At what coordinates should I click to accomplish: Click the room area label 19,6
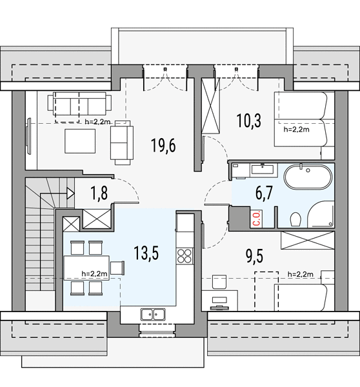(163, 145)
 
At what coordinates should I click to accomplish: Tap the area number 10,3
(248, 121)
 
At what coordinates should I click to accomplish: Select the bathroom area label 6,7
(264, 193)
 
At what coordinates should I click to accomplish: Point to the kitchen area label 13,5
(146, 253)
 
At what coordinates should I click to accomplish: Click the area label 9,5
(255, 256)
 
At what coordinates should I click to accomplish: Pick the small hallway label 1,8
(99, 193)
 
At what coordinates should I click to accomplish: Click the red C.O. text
(257, 218)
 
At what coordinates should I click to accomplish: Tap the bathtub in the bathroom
(308, 177)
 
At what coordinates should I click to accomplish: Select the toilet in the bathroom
(295, 219)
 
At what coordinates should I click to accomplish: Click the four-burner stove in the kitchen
(185, 256)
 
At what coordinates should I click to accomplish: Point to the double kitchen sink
(153, 315)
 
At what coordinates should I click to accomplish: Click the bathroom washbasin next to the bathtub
(262, 170)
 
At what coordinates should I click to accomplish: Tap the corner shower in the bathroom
(321, 214)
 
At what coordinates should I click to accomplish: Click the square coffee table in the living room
(80, 141)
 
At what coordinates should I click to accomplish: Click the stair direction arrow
(70, 193)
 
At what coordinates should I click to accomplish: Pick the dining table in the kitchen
(86, 268)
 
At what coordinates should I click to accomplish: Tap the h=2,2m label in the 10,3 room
(296, 130)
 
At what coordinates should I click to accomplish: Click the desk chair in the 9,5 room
(219, 282)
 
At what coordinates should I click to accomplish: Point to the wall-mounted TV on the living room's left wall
(28, 136)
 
